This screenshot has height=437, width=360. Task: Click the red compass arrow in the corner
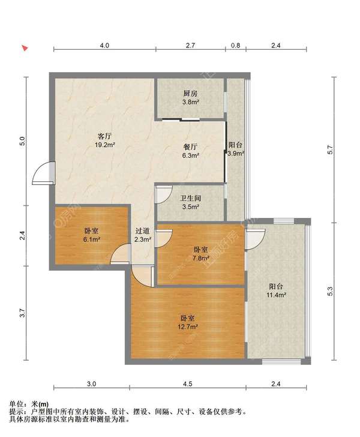(x=25, y=48)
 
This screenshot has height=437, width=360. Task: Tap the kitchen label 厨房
(x=190, y=94)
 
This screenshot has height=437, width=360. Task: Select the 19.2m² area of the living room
(x=105, y=145)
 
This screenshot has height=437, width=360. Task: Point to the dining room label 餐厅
(x=191, y=146)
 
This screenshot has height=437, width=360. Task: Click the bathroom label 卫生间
(x=191, y=199)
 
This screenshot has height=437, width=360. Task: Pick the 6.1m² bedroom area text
(x=91, y=240)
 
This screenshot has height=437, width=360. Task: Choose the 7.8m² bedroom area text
(x=200, y=258)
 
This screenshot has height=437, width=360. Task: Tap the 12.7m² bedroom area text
(x=188, y=327)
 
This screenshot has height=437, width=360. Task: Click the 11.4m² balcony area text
(x=277, y=295)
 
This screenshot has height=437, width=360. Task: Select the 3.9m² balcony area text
(x=236, y=153)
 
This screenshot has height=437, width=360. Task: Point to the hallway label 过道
(x=143, y=231)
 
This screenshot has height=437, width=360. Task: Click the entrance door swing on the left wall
(x=43, y=173)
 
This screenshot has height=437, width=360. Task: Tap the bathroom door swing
(x=164, y=195)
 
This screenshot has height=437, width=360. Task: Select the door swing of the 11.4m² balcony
(x=255, y=239)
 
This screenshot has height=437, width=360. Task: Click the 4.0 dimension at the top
(x=104, y=46)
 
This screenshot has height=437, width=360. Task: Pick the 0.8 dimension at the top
(x=235, y=46)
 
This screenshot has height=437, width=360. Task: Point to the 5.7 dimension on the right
(x=330, y=150)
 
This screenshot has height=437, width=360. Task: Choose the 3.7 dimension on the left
(x=23, y=313)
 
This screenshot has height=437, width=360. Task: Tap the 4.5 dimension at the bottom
(x=188, y=384)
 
